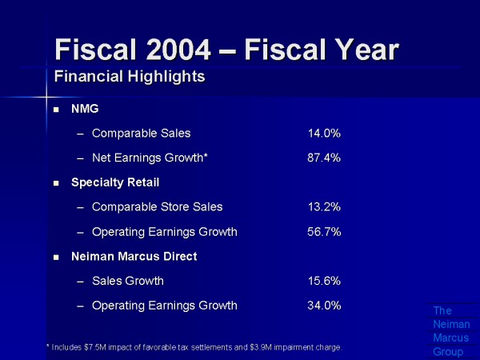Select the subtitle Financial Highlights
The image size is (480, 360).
click(130, 77)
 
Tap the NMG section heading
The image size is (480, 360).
click(85, 109)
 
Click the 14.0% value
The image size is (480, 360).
click(324, 133)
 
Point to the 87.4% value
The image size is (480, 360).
click(324, 158)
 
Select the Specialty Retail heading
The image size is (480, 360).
click(115, 182)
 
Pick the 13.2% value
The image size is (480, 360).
click(324, 206)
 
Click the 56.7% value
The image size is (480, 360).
click(324, 232)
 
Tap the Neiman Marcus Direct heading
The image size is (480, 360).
click(134, 257)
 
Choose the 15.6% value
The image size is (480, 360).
click(324, 281)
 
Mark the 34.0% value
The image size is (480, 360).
click(324, 305)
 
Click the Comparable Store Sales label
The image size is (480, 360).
click(157, 206)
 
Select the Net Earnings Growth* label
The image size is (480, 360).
click(150, 158)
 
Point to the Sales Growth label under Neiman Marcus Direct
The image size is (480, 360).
click(128, 281)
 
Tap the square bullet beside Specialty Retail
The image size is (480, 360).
click(56, 183)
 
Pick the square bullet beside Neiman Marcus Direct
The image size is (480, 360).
click(56, 258)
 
